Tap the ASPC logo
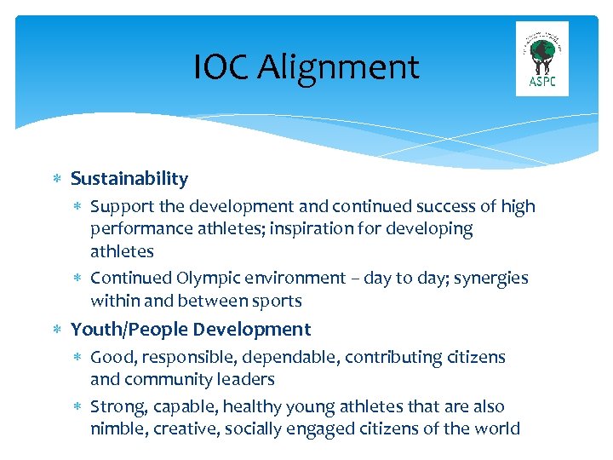(x=542, y=59)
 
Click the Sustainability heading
(x=129, y=179)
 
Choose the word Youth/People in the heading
(x=130, y=330)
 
